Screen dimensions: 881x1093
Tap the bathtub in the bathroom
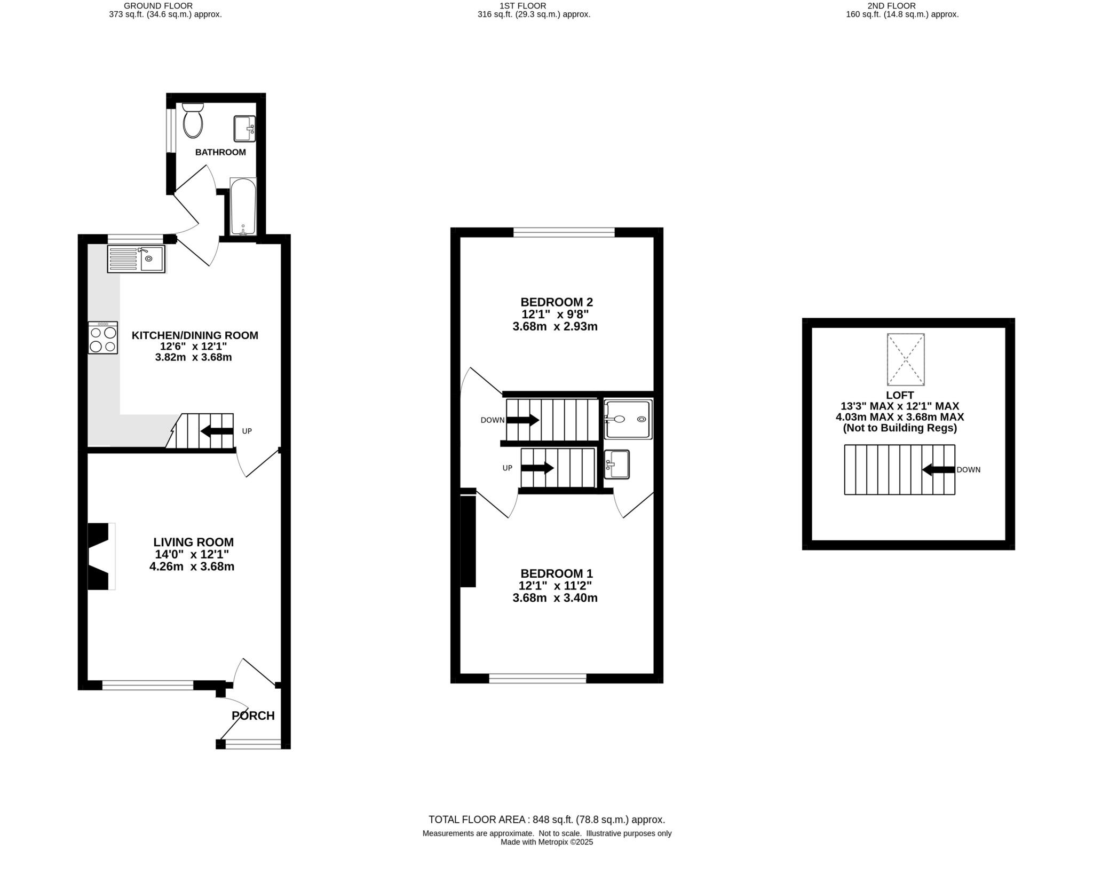click(243, 206)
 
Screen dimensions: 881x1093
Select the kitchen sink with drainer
click(136, 258)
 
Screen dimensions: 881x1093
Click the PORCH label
click(253, 715)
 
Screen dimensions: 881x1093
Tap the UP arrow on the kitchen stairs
click(217, 431)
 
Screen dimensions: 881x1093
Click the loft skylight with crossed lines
click(906, 359)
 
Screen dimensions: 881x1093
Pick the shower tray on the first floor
click(628, 420)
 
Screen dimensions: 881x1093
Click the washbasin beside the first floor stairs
click(617, 465)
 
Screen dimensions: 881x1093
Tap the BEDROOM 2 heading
click(556, 302)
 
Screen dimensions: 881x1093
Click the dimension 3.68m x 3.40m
click(555, 598)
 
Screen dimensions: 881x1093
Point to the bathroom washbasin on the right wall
click(244, 129)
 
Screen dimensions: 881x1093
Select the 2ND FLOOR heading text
click(902, 6)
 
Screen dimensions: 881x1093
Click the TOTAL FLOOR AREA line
click(546, 820)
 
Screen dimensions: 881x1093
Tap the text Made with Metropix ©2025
click(546, 842)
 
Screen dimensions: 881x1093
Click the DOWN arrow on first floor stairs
click(522, 420)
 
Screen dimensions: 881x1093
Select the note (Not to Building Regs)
click(900, 428)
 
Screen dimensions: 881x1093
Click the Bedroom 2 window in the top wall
click(564, 232)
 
